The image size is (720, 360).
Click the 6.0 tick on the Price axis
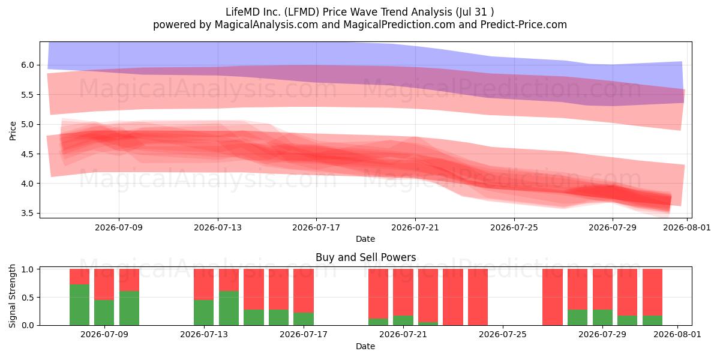click(x=28, y=65)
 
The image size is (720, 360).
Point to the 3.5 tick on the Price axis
click(x=28, y=214)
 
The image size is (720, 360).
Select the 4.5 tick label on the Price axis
click(x=28, y=154)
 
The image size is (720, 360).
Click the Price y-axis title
click(x=13, y=131)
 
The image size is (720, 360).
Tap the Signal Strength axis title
click(x=12, y=296)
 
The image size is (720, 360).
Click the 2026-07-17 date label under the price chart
click(x=316, y=227)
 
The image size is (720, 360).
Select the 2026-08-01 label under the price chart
click(x=687, y=227)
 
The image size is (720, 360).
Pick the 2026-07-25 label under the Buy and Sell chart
click(x=503, y=335)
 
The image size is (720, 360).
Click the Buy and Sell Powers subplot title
click(x=366, y=257)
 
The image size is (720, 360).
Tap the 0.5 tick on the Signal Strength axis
click(x=28, y=298)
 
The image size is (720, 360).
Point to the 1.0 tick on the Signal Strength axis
click(x=28, y=269)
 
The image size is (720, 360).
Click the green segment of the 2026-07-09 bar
click(x=104, y=313)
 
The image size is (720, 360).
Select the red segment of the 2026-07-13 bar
click(x=204, y=284)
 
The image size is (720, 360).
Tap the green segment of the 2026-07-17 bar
click(x=304, y=319)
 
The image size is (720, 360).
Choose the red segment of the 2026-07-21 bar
click(x=403, y=293)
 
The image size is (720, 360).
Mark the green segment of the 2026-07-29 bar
click(x=602, y=317)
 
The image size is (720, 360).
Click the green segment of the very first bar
click(x=79, y=305)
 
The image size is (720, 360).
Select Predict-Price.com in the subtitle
click(x=524, y=25)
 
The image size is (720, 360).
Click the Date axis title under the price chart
click(x=365, y=239)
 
